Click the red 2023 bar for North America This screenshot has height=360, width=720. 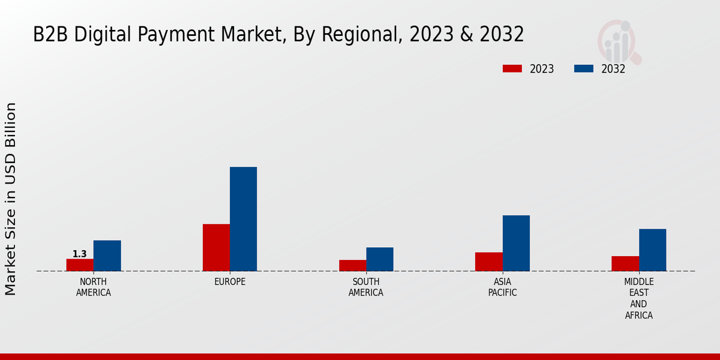[x=80, y=265]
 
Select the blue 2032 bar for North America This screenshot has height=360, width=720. [x=107, y=256]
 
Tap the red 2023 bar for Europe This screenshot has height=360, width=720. [x=216, y=247]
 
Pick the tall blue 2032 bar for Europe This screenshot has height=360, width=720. [x=243, y=219]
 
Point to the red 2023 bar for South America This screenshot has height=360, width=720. [x=352, y=265]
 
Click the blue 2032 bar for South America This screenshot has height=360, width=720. [x=380, y=259]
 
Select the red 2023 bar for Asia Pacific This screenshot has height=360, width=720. [x=488, y=262]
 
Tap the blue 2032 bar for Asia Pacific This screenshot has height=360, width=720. [x=516, y=243]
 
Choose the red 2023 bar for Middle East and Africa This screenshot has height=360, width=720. [x=625, y=263]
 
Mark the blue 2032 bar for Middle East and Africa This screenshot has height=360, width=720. [x=652, y=250]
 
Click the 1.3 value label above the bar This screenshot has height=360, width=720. [x=80, y=254]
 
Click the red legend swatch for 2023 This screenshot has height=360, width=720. [x=512, y=68]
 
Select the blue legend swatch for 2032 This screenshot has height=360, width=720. [x=584, y=68]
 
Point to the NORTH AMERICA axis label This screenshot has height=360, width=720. [x=94, y=287]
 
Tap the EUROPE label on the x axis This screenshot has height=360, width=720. [x=230, y=282]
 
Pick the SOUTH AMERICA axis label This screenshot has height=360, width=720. [x=366, y=287]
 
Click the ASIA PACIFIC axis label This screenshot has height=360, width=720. [x=502, y=287]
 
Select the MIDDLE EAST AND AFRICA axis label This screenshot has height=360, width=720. [x=638, y=298]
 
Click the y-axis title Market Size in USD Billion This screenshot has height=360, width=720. [x=11, y=199]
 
